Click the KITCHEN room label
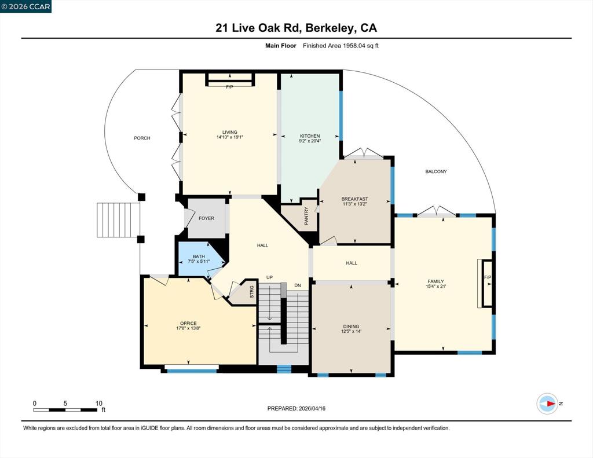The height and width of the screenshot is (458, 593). pyautogui.click(x=310, y=135)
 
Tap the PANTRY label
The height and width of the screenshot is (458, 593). pyautogui.click(x=306, y=216)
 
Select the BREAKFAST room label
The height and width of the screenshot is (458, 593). pyautogui.click(x=355, y=199)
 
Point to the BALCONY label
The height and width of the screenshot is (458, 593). pyautogui.click(x=436, y=172)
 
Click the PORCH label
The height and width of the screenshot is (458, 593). pyautogui.click(x=142, y=138)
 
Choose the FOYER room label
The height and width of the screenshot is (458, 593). pyautogui.click(x=207, y=218)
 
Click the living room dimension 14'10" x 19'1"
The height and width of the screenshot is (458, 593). pyautogui.click(x=229, y=137)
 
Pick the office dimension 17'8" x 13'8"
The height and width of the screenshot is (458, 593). pyautogui.click(x=188, y=328)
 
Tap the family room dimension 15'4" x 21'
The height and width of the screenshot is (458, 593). pyautogui.click(x=435, y=286)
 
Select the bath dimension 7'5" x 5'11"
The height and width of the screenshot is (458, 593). pyautogui.click(x=199, y=261)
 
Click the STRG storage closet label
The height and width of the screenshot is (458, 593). pyautogui.click(x=252, y=292)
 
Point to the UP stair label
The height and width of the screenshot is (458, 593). pyautogui.click(x=269, y=277)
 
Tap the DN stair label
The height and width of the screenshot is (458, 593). pyautogui.click(x=298, y=285)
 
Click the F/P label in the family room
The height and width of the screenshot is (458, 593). pyautogui.click(x=488, y=277)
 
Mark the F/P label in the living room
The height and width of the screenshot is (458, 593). pyautogui.click(x=229, y=87)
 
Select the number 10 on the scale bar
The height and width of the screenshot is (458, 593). pyautogui.click(x=98, y=404)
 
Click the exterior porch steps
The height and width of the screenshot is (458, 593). pyautogui.click(x=118, y=220)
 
